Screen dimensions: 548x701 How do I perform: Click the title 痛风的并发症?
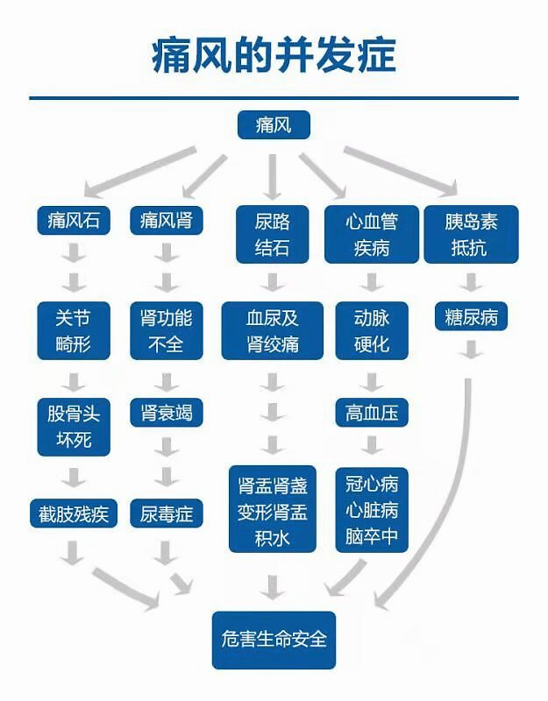tap(274, 55)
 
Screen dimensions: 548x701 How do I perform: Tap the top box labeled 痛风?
tap(274, 124)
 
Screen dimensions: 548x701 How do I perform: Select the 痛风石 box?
tap(74, 220)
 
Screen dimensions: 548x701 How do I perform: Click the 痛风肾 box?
tap(167, 220)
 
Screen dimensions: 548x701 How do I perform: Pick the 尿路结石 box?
tap(273, 234)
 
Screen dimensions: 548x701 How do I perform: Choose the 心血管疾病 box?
tap(372, 234)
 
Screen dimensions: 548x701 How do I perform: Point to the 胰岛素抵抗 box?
tap(471, 234)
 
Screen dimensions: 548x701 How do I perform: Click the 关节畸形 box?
tap(74, 331)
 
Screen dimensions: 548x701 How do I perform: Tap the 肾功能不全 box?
tap(167, 331)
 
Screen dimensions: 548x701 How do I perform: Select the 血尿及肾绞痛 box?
tap(273, 331)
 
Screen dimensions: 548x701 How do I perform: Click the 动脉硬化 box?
tap(372, 331)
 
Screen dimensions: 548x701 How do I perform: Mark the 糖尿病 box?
tap(471, 316)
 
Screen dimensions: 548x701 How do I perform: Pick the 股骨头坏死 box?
tap(74, 427)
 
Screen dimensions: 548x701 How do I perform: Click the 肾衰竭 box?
tap(167, 412)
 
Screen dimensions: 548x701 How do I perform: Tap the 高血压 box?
tap(372, 412)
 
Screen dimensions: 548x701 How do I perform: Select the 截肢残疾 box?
tap(74, 513)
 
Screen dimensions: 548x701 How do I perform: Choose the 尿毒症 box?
tap(167, 513)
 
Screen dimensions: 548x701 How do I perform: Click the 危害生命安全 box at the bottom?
tap(274, 641)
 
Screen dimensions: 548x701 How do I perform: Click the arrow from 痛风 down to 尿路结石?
tap(273, 177)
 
